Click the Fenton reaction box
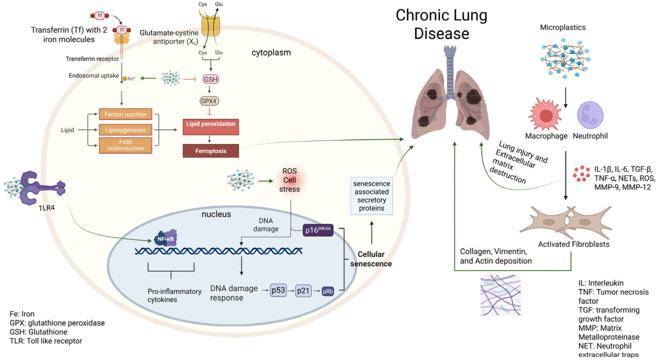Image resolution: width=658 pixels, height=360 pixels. point(125,114)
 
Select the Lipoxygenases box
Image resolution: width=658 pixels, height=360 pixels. point(125,130)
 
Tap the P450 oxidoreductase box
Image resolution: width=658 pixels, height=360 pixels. point(125,145)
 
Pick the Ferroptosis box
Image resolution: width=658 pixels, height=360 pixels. point(211,151)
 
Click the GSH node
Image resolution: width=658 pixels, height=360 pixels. point(211,79)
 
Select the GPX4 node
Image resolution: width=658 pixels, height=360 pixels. point(209,101)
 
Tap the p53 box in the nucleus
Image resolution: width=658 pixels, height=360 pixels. point(278,290)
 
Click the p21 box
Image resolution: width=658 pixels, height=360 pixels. point(303,291)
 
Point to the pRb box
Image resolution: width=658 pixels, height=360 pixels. point(328,291)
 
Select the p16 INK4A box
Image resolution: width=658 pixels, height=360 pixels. point(318,230)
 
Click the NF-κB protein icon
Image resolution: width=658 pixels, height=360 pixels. point(166,238)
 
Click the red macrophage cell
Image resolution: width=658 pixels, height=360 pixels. point(545,115)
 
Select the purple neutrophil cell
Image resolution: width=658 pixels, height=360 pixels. point(590,115)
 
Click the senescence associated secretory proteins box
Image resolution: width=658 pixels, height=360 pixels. point(372,196)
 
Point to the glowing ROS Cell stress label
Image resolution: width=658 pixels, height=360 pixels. point(289,180)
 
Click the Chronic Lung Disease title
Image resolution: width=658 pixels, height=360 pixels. point(442,24)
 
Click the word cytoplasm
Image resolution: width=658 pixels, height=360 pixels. point(271,53)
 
